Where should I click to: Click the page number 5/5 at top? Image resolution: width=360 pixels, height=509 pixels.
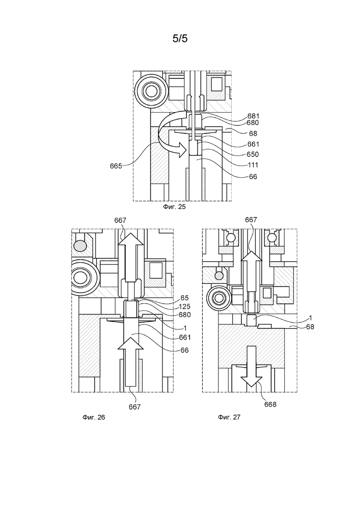click(180, 39)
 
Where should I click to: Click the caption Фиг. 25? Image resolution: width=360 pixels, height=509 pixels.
click(174, 207)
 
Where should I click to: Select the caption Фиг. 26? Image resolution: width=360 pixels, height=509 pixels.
click(94, 417)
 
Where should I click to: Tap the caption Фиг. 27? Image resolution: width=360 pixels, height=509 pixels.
click(229, 417)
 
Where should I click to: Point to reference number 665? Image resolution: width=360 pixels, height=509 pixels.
click(116, 166)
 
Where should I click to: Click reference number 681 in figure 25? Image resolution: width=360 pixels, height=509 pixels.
click(253, 116)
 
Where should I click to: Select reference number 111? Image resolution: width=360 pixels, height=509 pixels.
click(253, 165)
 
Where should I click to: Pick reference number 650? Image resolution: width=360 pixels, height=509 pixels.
click(253, 154)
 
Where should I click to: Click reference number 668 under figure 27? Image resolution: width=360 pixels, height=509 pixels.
click(270, 404)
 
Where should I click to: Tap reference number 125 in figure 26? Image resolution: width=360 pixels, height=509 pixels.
click(185, 306)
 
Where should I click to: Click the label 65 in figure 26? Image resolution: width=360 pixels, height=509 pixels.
click(185, 298)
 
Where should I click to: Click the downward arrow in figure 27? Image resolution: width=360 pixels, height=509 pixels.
click(252, 367)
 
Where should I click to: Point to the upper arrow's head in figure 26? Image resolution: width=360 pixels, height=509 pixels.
click(130, 239)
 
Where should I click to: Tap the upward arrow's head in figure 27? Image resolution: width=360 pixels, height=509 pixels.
click(251, 256)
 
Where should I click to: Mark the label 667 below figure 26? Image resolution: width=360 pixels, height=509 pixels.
click(134, 407)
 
